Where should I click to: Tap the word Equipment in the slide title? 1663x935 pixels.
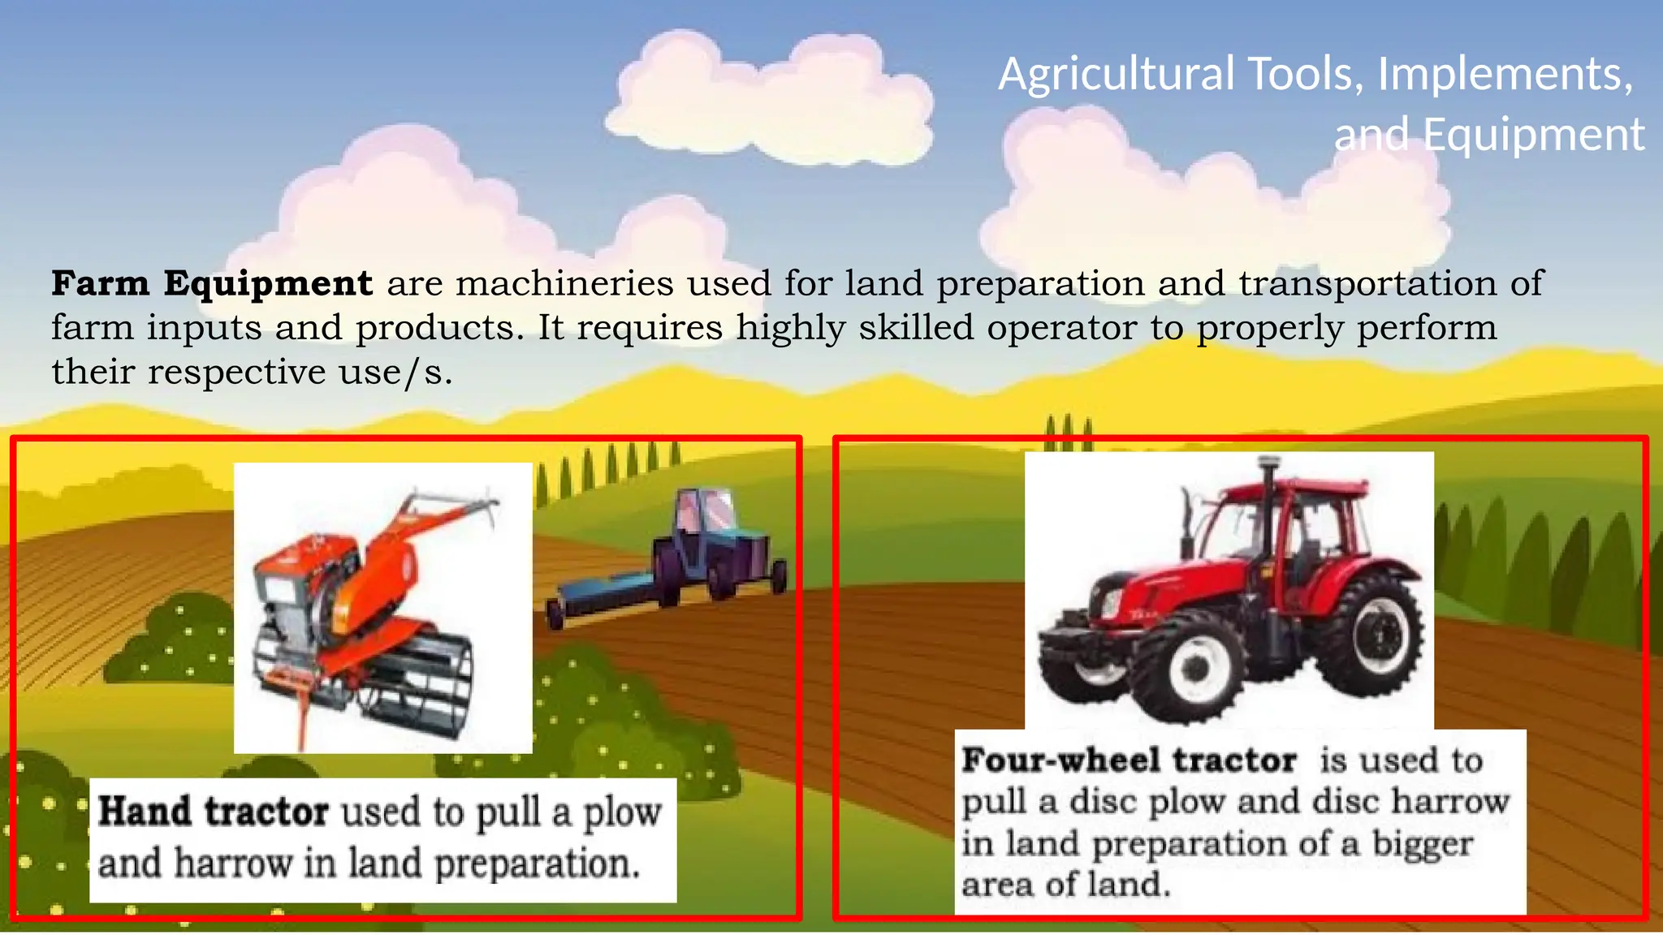click(x=1533, y=135)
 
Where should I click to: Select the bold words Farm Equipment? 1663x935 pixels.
click(x=212, y=283)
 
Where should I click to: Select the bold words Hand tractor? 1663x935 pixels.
click(x=213, y=812)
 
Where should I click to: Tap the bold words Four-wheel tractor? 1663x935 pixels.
click(x=1129, y=760)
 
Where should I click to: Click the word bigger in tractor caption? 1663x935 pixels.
click(x=1422, y=843)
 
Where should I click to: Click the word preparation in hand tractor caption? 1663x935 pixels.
click(x=537, y=864)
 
